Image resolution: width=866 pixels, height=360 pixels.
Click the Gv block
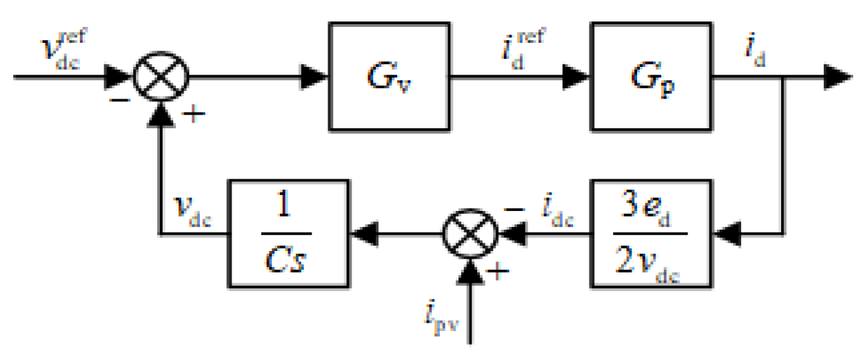[381, 76]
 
